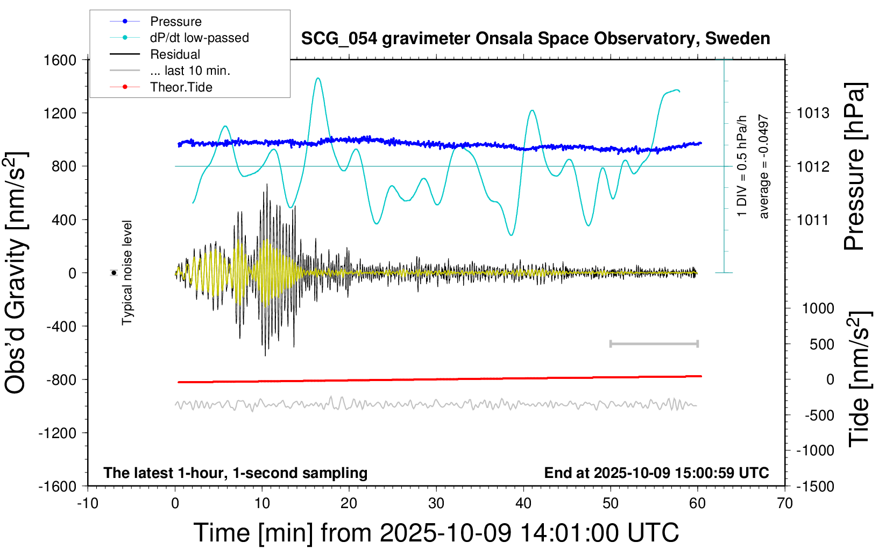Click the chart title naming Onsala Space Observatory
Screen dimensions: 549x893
[535, 39]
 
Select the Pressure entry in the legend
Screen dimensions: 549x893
[175, 22]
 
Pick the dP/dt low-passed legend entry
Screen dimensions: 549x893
[199, 38]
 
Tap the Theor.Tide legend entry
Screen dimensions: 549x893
[181, 87]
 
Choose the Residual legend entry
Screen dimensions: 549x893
[175, 54]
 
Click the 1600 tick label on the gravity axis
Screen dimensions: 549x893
[60, 60]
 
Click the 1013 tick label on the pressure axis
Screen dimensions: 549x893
[813, 113]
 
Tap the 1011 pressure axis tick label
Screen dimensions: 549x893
[813, 220]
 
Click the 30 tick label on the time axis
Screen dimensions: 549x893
[436, 504]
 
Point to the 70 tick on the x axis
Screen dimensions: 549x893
[785, 504]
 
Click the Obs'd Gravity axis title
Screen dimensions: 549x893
[16, 273]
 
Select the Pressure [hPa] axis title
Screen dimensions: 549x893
[854, 166]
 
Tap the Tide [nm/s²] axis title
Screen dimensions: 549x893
[859, 379]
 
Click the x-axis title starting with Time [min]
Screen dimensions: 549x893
[436, 533]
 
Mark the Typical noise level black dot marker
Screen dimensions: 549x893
[114, 273]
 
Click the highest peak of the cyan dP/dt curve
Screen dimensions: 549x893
[318, 78]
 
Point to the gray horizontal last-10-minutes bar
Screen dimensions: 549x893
[654, 343]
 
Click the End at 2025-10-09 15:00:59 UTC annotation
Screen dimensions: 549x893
[656, 473]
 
